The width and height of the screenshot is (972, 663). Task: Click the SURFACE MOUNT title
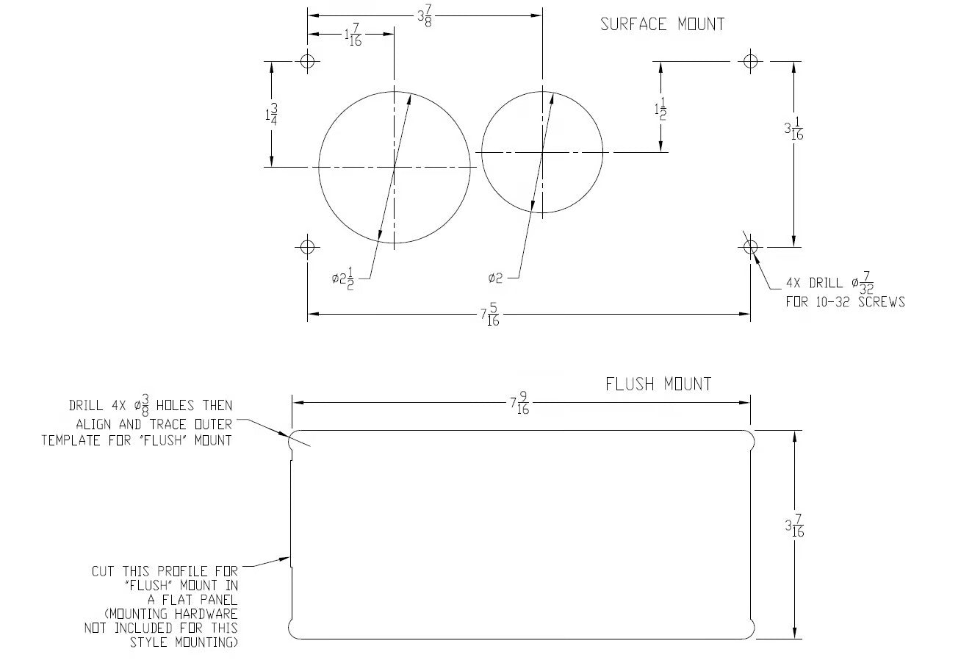click(662, 24)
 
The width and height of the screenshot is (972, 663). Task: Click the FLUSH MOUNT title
click(658, 384)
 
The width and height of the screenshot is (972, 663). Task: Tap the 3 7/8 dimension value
click(425, 15)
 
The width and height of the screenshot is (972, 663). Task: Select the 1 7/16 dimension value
click(353, 37)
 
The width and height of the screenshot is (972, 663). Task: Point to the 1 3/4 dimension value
click(271, 115)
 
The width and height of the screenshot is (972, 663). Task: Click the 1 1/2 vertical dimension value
click(660, 110)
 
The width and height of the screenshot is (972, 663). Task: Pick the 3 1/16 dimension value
click(793, 131)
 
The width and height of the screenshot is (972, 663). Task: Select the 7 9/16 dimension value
click(519, 405)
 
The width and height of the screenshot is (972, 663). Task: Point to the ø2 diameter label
click(495, 278)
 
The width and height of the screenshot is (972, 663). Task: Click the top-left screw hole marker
click(308, 60)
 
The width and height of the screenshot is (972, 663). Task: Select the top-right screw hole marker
click(749, 60)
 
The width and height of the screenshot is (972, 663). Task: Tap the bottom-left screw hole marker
click(308, 246)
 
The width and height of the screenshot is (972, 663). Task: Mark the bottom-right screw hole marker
click(749, 246)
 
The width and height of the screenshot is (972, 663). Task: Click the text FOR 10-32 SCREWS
click(845, 301)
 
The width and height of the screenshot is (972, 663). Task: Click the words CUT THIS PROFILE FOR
click(165, 571)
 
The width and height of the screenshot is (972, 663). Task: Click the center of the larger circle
click(395, 167)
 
